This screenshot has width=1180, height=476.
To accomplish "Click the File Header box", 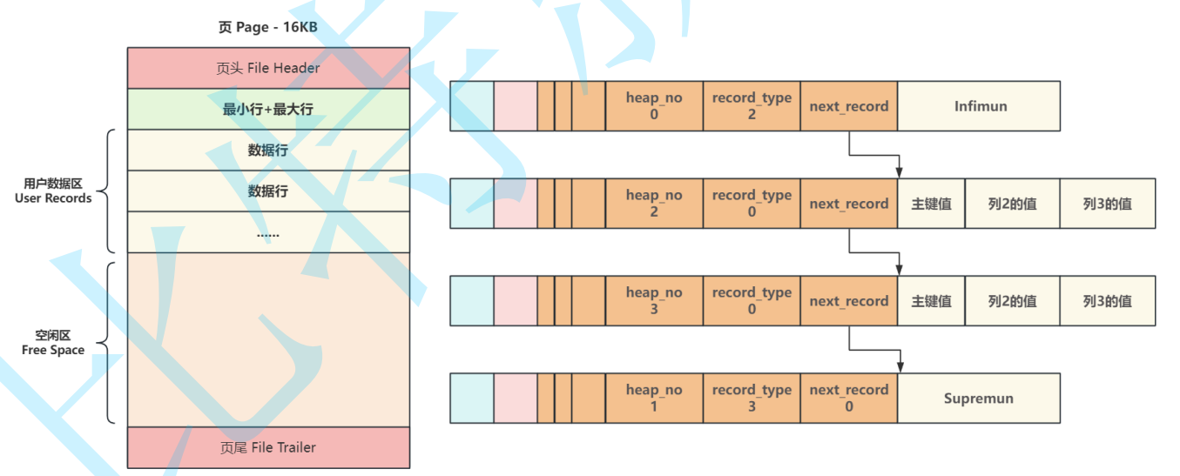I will (268, 68).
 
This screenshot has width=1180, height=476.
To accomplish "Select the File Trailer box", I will (268, 447).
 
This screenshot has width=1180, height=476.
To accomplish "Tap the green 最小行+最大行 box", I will (268, 110).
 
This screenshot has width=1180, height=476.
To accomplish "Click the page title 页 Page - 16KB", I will (268, 27).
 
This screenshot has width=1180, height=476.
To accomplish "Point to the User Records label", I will (53, 191).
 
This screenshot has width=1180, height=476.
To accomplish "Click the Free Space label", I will (53, 343).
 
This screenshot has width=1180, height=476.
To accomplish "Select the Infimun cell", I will (980, 106).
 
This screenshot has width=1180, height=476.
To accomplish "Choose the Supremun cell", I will (979, 399).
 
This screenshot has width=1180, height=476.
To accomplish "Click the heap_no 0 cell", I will (654, 106).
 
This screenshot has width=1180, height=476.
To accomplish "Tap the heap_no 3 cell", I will (654, 301).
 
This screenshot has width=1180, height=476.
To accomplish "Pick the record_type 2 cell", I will (752, 106).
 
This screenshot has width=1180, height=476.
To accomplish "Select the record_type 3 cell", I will (752, 399).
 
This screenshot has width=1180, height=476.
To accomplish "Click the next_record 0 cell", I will (849, 399).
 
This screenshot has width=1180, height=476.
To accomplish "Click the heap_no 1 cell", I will (654, 399).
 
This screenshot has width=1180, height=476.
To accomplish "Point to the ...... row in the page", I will (268, 232).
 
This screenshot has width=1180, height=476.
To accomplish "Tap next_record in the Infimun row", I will (849, 106).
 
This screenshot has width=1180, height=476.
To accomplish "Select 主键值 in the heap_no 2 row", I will (931, 204).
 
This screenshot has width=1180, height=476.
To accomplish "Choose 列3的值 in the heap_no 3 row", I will (1108, 301).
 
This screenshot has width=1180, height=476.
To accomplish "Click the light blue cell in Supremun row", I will (472, 399).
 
